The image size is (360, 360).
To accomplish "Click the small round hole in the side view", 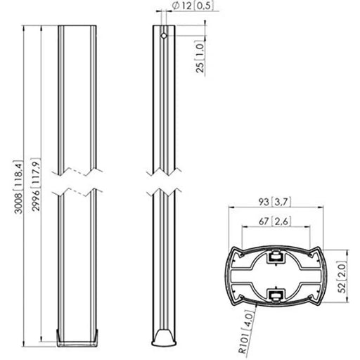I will [163, 34].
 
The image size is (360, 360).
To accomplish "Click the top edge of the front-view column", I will [77, 27].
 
